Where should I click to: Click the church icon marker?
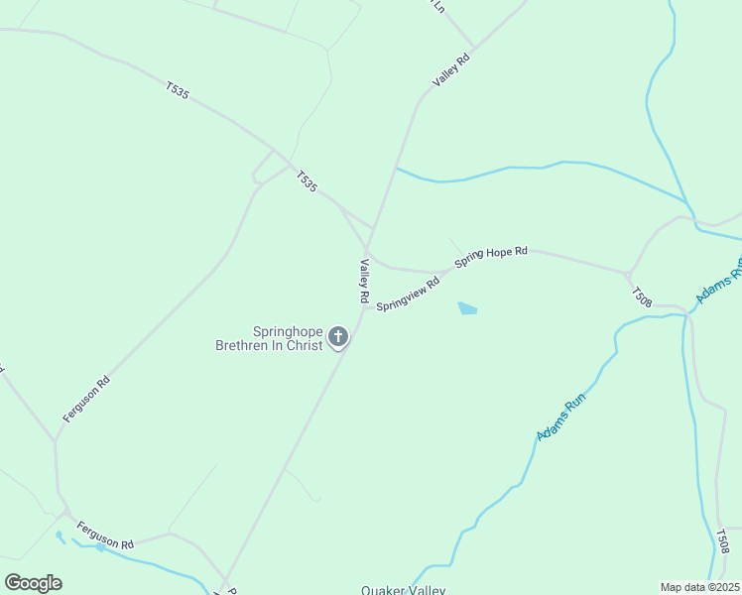(338, 338)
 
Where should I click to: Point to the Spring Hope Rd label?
(490, 257)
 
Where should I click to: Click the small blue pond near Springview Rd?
(467, 309)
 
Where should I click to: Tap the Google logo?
(33, 583)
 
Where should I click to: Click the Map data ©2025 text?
(699, 587)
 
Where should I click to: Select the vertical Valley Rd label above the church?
(364, 281)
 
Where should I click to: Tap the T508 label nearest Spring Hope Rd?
(642, 296)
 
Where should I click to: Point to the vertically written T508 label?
(722, 541)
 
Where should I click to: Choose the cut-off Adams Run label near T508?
(719, 282)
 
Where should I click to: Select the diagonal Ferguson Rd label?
(85, 399)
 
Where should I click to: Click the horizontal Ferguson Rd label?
(104, 536)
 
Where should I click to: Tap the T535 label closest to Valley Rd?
(307, 181)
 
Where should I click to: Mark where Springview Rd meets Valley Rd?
(364, 307)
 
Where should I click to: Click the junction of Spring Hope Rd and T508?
(628, 274)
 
